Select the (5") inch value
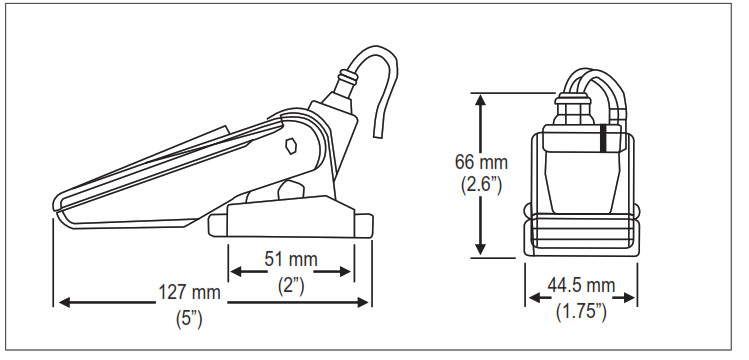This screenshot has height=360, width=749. [189, 321]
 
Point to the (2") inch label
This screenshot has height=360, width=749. [290, 284]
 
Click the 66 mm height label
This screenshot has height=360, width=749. [482, 161]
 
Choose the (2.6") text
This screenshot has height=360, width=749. [482, 185]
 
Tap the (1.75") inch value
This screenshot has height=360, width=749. [581, 312]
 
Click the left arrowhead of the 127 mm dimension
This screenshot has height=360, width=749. [60, 300]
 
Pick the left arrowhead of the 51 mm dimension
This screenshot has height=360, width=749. [236, 272]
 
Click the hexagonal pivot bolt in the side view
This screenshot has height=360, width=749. [289, 148]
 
